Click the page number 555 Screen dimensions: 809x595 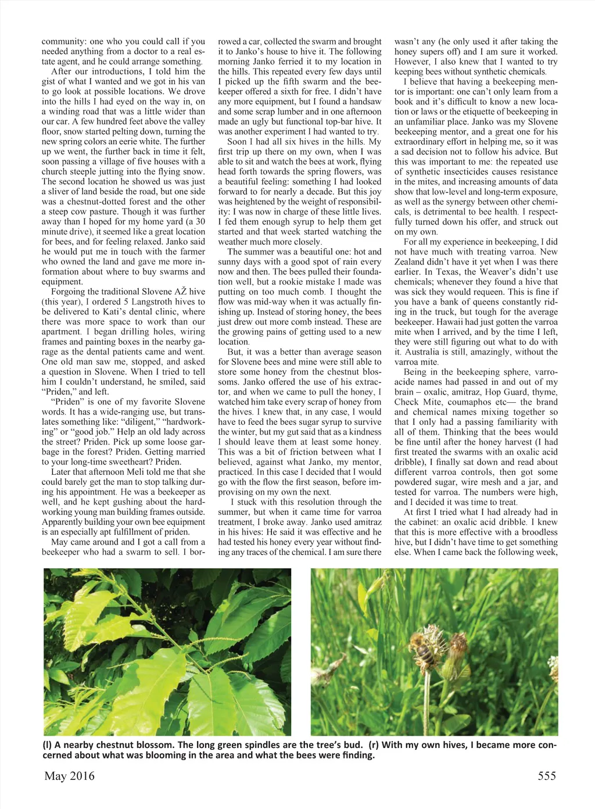[546, 776]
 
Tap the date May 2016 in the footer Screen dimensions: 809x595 [69, 776]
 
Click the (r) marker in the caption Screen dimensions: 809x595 [373, 745]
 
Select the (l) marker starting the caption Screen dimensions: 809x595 [47, 745]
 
